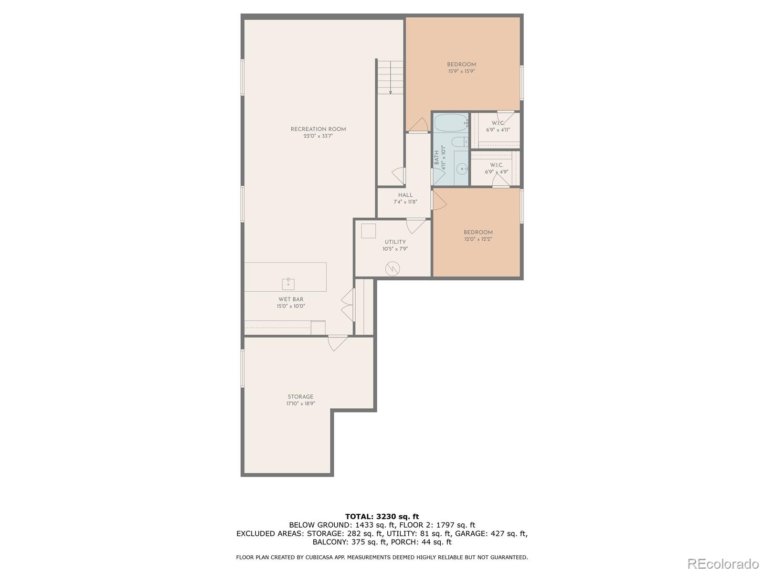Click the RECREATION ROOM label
(x=318, y=129)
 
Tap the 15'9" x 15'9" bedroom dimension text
(x=461, y=71)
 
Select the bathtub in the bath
(x=451, y=123)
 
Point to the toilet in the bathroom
(x=460, y=142)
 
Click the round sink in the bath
(x=462, y=169)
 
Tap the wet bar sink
(x=288, y=284)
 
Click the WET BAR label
(x=291, y=299)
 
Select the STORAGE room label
(x=300, y=397)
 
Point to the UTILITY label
(x=395, y=242)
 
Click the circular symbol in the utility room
(x=393, y=268)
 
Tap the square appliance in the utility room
(x=368, y=231)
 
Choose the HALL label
(x=405, y=195)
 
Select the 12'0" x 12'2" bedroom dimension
(x=478, y=239)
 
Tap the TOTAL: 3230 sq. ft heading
(x=382, y=516)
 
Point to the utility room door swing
(x=415, y=226)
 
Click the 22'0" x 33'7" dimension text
(x=318, y=136)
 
